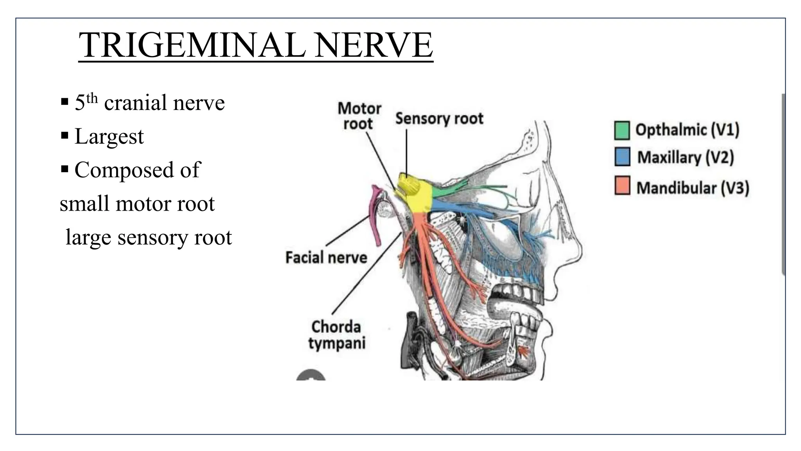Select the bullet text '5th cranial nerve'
pos(149,103)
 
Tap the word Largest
pos(109,137)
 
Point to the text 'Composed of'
pos(137,170)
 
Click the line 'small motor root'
pos(137,204)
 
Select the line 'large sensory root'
pos(149,237)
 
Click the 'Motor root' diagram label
pos(359,116)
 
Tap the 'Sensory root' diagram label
pos(439,118)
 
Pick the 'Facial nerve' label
pos(326,258)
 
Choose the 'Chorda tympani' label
pos(336,335)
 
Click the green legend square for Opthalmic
pos(622,130)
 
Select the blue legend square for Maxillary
pos(622,157)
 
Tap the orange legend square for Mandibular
pos(622,186)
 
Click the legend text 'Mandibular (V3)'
pos(693,188)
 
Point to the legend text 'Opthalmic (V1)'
pos(687,130)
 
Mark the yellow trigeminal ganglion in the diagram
pos(418,198)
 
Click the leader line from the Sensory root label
pos(406,153)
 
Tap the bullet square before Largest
pos(65,136)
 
